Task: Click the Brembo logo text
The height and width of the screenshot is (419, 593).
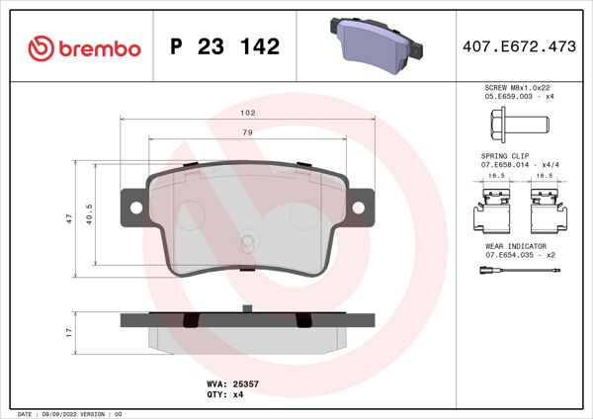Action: point(85,47)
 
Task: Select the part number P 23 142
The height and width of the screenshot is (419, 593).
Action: point(224,47)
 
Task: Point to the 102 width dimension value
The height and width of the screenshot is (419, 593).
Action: point(248,113)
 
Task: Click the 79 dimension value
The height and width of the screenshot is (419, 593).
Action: point(248,132)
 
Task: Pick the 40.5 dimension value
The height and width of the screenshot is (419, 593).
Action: point(90,214)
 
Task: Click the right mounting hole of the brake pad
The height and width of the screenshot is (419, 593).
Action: point(360,207)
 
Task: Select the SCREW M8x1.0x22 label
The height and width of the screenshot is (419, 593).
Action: point(516,89)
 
